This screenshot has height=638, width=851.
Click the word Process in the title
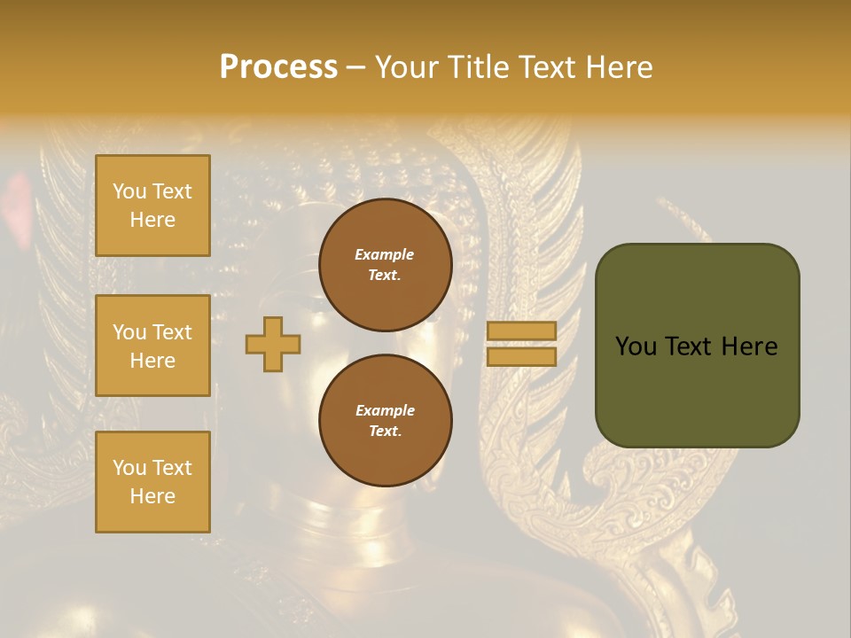click(x=278, y=67)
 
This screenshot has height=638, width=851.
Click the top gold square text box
click(x=152, y=206)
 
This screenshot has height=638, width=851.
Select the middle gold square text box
click(x=152, y=346)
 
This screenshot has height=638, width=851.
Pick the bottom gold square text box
click(x=152, y=482)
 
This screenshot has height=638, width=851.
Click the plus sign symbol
click(x=273, y=344)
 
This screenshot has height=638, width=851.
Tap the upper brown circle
click(x=386, y=264)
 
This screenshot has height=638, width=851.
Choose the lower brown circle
click(x=386, y=420)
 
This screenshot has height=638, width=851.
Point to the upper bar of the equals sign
click(x=521, y=331)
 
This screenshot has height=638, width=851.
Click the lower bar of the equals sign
click(x=521, y=356)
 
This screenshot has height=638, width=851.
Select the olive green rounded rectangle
click(x=697, y=345)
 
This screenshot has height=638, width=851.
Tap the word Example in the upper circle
click(x=385, y=254)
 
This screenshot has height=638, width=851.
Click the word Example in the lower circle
click(x=385, y=410)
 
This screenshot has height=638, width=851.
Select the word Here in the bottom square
click(x=152, y=496)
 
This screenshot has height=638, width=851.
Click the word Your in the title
click(x=407, y=67)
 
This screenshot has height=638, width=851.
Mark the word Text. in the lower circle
click(x=386, y=432)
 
